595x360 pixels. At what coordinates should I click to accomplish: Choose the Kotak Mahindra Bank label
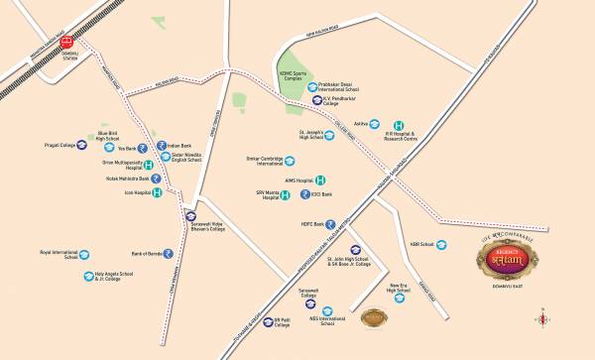point(115,178)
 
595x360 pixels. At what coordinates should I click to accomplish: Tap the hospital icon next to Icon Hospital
point(157,191)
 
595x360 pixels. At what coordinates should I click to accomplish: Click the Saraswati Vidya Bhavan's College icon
point(191,215)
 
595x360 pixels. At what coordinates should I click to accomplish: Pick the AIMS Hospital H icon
point(319,180)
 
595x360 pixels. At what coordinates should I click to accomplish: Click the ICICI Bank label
point(321,196)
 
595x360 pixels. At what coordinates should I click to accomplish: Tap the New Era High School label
point(398,286)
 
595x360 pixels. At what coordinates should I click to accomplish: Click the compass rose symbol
point(542,318)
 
